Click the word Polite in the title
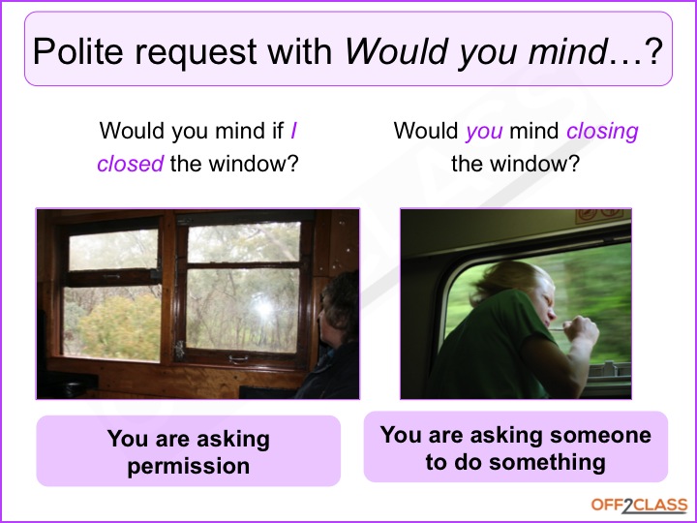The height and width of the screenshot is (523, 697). (77, 51)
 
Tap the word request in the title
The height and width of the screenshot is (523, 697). (196, 52)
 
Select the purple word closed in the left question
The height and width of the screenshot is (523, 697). (131, 164)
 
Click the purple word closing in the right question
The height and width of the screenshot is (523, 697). (602, 132)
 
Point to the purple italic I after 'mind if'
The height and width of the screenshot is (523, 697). (293, 131)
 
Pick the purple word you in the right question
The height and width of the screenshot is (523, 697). (484, 132)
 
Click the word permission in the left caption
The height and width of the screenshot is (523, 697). (189, 467)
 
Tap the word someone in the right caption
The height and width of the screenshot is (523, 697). (600, 435)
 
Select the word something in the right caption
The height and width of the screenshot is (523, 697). (547, 463)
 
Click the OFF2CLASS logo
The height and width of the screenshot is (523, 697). (639, 506)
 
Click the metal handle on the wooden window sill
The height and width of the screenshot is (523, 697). (239, 358)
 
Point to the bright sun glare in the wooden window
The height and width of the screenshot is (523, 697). (263, 308)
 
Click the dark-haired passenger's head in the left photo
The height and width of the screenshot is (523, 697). (340, 308)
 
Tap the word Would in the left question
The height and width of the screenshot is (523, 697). (132, 131)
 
